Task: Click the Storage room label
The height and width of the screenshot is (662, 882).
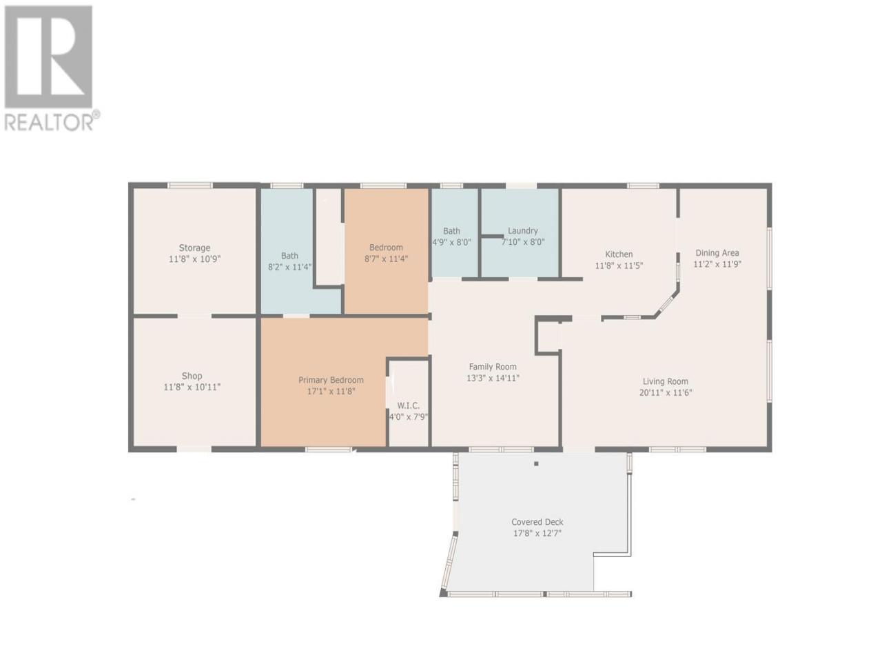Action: point(194,248)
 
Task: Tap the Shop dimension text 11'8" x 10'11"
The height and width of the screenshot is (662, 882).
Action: point(192,387)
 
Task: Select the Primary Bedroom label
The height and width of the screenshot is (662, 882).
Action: point(331,380)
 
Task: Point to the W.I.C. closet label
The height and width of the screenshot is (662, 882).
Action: point(408,405)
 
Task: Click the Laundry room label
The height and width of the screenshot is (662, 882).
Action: point(523,231)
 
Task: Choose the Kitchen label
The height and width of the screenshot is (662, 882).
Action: point(619,254)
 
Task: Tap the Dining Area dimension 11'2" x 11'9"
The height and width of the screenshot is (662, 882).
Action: point(717,264)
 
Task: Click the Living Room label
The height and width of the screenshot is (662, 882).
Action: point(666,381)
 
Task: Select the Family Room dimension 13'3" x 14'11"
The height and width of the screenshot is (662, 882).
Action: point(493,378)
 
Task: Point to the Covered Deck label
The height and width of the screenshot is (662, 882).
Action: point(537,522)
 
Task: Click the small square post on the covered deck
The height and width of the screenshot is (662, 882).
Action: point(536,464)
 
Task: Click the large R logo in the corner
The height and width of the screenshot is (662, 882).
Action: point(48,57)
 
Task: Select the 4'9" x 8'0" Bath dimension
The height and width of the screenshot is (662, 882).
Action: point(451,242)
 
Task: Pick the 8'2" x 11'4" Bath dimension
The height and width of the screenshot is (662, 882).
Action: point(289,267)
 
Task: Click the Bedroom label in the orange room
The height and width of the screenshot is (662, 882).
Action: point(386,247)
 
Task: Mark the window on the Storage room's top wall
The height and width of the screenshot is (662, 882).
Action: point(190,185)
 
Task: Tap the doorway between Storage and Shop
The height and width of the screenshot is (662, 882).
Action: point(194,316)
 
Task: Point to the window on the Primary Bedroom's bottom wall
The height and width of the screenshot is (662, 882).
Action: point(329,450)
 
